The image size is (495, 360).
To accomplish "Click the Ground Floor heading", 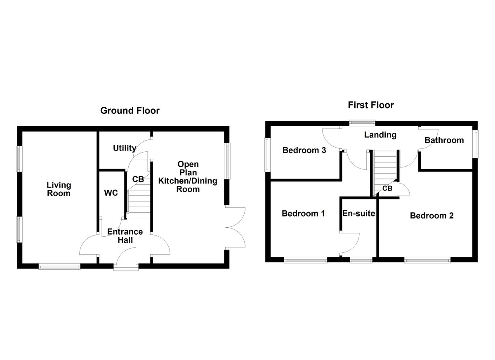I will tap(130, 111).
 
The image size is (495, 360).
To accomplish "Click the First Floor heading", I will tap(371, 105).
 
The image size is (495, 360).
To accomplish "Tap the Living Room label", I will tap(59, 189).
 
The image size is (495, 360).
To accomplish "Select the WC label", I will tap(111, 193).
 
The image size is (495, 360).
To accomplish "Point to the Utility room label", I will tap(125, 148).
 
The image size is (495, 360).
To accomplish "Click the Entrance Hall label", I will tap(125, 236).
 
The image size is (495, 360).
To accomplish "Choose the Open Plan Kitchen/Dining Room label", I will tap(188, 177).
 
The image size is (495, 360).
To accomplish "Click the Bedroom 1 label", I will tap(303, 214).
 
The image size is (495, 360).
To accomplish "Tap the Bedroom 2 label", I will tap(431, 216).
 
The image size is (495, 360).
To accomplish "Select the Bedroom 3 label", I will tap(304, 151).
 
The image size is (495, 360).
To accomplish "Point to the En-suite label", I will tap(358, 214).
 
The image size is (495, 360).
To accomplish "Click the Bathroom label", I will tap(444, 140).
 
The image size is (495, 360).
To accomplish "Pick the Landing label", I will tap(380, 135).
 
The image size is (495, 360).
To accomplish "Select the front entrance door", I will tap(127, 262).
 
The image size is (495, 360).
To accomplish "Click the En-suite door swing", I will tap(350, 243).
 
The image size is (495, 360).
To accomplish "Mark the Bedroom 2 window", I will tap(427, 260).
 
